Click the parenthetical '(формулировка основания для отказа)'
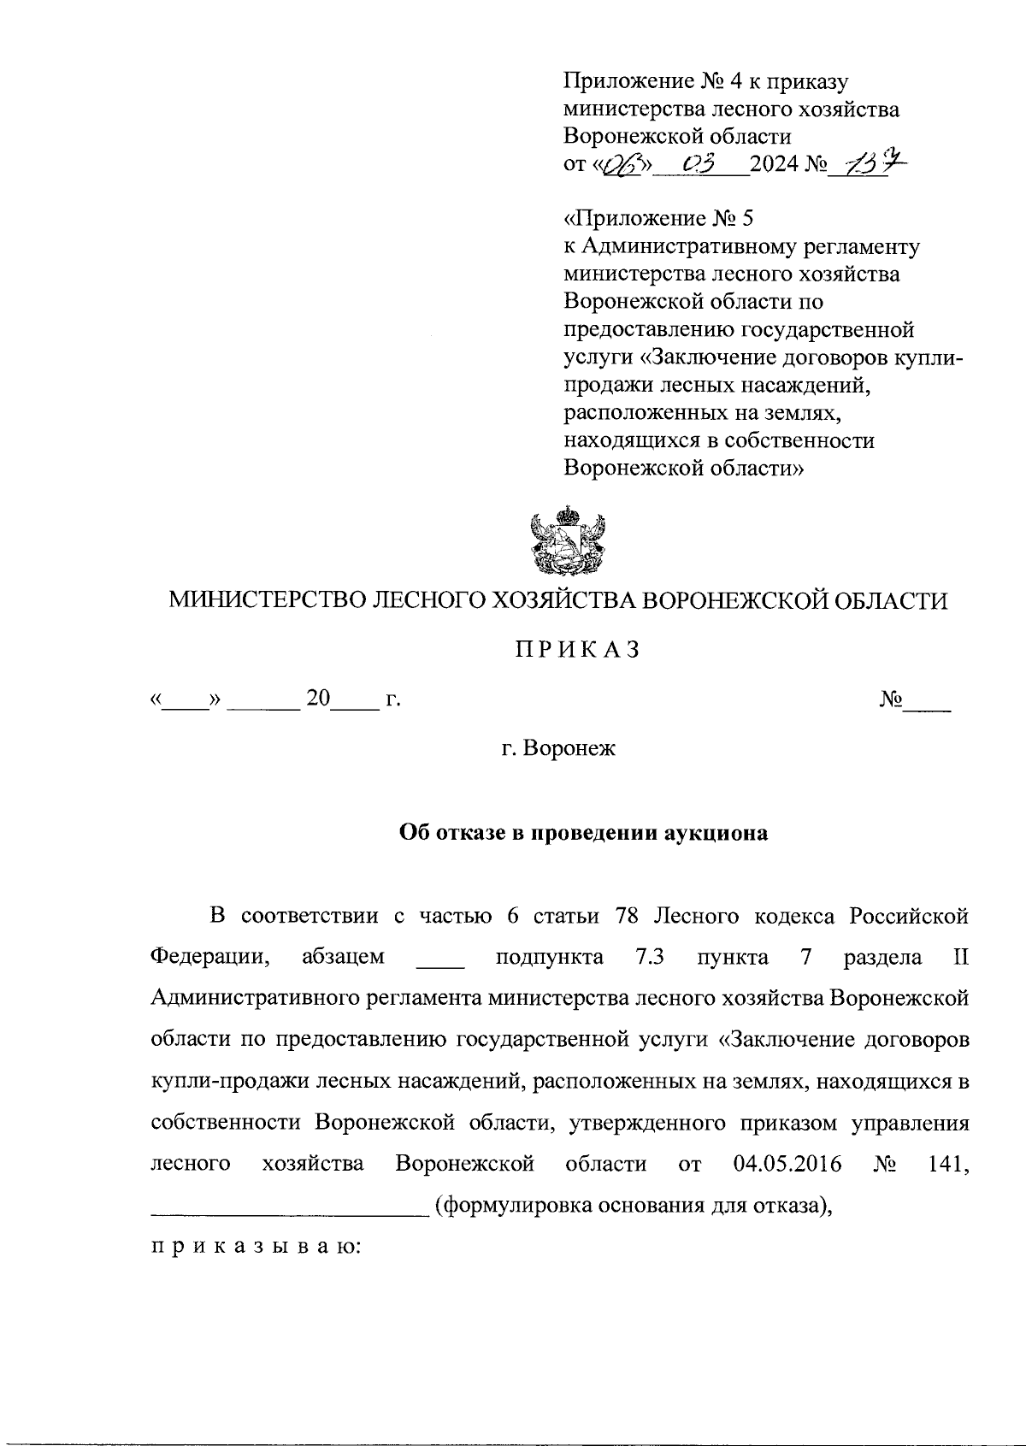coord(634,1206)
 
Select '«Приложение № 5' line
coord(659,218)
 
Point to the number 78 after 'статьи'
coord(628,916)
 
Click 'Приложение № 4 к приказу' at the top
coord(705,81)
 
